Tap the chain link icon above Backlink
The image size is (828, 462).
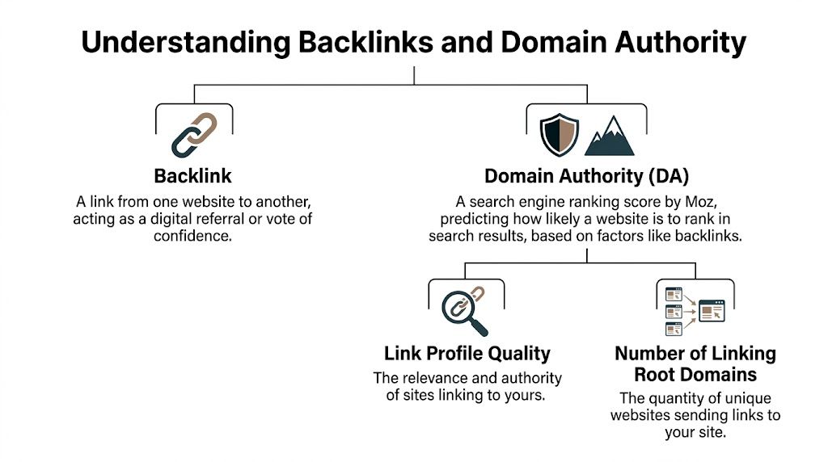click(x=194, y=134)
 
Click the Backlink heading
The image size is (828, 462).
click(x=193, y=176)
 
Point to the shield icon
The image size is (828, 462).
click(x=558, y=135)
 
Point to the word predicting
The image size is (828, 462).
click(x=471, y=219)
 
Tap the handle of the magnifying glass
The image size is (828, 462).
click(x=480, y=327)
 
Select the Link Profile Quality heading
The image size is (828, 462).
click(x=467, y=354)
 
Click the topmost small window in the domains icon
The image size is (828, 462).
click(x=673, y=294)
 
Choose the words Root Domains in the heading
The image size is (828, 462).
click(x=695, y=374)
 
